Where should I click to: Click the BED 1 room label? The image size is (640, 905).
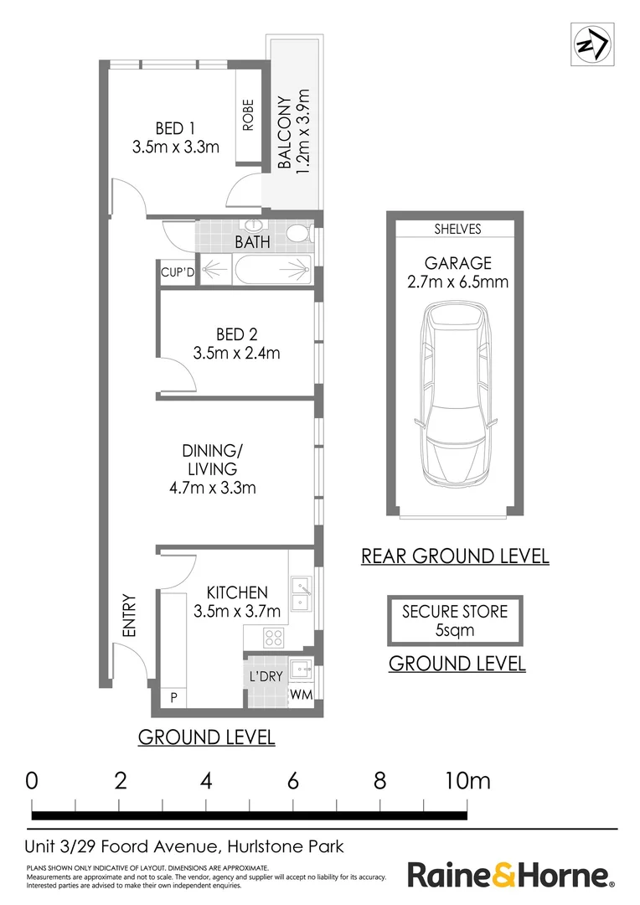[x=175, y=128]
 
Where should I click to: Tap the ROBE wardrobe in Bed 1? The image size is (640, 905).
[x=248, y=116]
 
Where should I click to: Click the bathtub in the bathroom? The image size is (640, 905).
[x=255, y=272]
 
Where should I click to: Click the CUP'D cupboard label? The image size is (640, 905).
[x=177, y=272]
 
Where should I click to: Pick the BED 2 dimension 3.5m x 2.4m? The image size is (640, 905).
[x=236, y=353]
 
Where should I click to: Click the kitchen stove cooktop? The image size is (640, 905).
[x=272, y=636]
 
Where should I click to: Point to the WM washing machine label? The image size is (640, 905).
[x=302, y=695]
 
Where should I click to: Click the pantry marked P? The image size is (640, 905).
[x=173, y=697]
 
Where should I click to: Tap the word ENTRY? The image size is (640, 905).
[x=129, y=616]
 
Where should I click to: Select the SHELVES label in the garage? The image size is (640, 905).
[x=457, y=229]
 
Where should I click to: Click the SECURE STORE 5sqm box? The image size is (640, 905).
[x=455, y=620]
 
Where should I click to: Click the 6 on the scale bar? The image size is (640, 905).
[x=292, y=782]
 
